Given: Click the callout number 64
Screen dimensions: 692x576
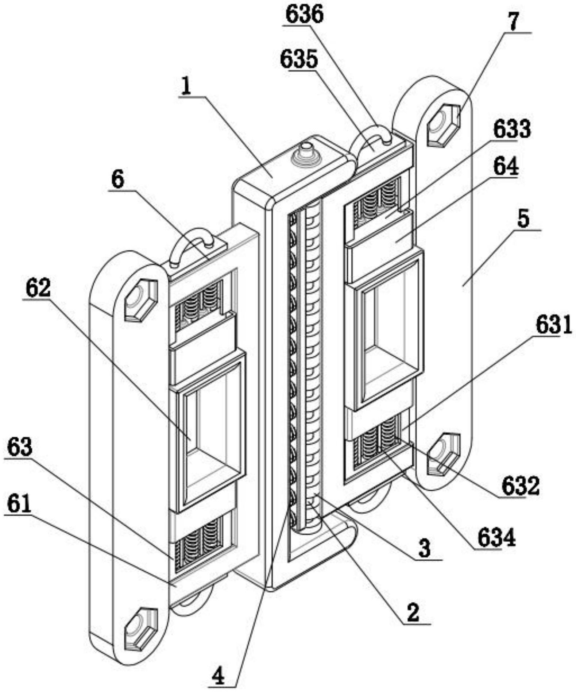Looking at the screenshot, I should click(506, 167).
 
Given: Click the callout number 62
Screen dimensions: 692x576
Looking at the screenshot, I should click(38, 289).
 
